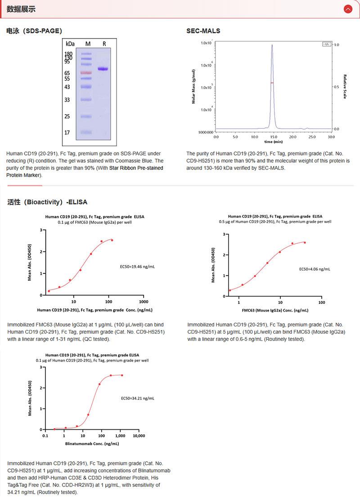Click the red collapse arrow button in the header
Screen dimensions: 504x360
pos(347,9)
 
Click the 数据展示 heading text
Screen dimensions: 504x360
pos(21,9)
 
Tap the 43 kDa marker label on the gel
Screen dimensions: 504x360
pos(67,87)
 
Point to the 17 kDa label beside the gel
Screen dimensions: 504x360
pos(67,133)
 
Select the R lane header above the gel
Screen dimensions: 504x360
pos(104,44)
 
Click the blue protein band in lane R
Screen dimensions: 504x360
pos(103,69)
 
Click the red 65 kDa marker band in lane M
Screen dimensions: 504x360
pos(86,72)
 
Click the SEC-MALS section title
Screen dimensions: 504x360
pos(203,31)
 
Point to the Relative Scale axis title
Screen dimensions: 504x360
pos(345,87)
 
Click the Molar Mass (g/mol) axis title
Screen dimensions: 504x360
pos(193,87)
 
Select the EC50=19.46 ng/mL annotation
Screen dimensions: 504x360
pos(137,267)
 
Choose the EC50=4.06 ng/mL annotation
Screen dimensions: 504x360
pos(315,269)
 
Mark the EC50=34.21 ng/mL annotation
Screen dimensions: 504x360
pos(138,398)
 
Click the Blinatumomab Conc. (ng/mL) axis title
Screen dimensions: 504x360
pos(92,443)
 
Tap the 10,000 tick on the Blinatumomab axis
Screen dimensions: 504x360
pos(139,436)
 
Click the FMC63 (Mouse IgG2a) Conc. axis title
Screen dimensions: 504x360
pos(275,310)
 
